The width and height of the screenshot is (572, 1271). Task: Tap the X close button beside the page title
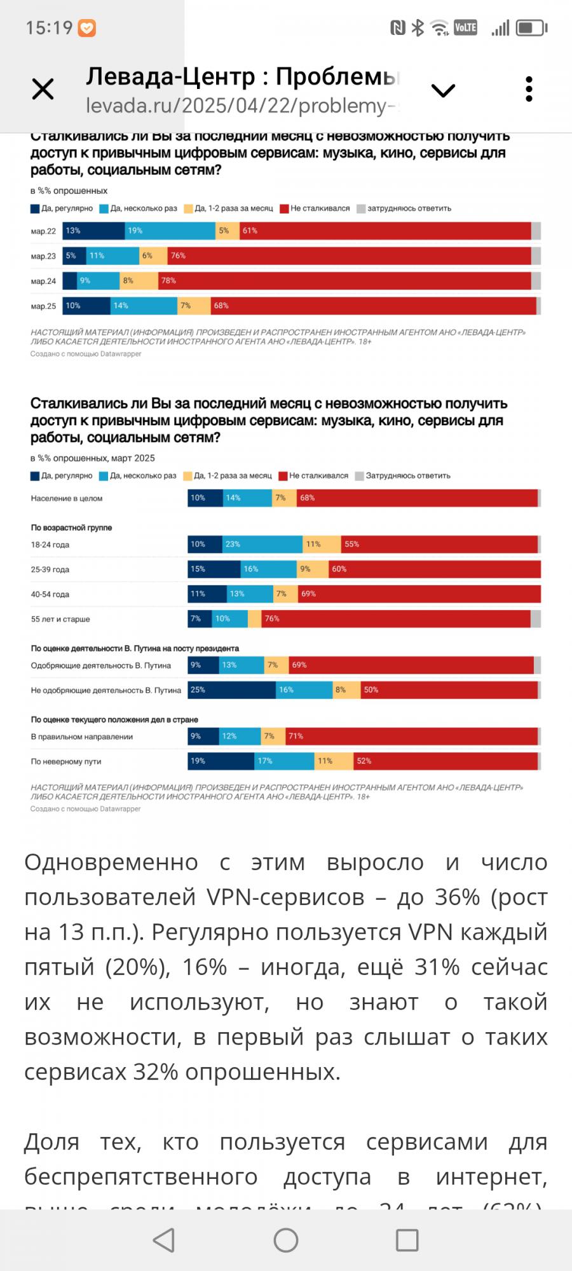43,90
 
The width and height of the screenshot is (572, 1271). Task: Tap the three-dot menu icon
529,90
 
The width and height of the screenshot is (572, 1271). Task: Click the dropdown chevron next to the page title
443,90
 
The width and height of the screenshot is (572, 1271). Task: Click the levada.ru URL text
242,105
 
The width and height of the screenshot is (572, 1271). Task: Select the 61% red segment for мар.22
385,231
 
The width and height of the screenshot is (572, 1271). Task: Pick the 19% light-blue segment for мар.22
170,231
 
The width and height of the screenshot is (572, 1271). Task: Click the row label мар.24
43,281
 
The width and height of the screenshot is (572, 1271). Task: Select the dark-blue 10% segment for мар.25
86,306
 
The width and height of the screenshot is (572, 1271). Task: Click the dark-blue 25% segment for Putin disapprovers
232,690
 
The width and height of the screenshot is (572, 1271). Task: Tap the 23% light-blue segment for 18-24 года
262,544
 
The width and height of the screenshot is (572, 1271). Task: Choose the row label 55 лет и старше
60,619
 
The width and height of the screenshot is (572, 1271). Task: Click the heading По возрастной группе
71,527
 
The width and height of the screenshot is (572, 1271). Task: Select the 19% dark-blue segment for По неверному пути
221,761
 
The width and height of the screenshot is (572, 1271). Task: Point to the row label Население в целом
67,498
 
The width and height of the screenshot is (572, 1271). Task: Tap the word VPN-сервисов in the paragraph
285,897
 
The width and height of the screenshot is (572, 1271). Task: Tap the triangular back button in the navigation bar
164,1240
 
